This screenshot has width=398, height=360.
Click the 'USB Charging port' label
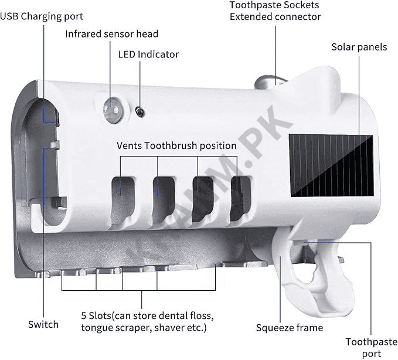42,16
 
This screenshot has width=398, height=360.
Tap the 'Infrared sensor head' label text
111,34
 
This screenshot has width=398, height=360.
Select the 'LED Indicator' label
148,55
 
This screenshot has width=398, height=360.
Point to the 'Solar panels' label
359,47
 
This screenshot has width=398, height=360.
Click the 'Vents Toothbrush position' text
176,145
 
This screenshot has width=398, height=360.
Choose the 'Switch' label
43,324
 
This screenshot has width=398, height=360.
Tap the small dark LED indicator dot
138,110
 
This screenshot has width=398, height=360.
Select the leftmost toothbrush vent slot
121,191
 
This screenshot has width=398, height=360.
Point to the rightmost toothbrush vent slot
239,196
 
